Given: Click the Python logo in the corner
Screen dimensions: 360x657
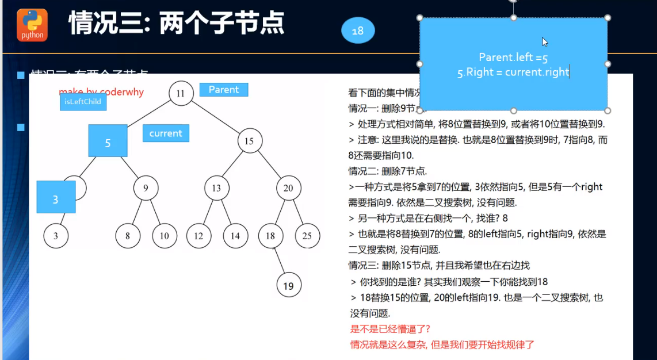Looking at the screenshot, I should [32, 25].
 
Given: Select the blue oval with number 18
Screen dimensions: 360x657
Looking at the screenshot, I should [358, 30].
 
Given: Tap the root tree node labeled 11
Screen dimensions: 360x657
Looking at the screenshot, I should [181, 93].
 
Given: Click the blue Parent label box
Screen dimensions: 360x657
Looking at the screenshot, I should [224, 90].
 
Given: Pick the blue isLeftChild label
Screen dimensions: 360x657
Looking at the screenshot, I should [83, 102].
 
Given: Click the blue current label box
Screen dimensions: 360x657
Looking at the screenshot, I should [166, 133].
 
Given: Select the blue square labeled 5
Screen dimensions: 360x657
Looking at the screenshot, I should [108, 141].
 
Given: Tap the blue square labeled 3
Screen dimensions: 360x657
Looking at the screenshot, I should [56, 197].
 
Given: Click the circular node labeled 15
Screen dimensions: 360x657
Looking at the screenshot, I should [249, 141].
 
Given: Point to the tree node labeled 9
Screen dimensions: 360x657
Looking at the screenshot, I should [146, 188].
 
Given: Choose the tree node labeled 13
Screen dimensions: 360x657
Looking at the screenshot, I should [216, 188].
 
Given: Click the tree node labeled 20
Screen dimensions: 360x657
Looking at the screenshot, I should [288, 188].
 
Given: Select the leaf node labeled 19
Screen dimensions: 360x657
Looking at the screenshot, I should [289, 285].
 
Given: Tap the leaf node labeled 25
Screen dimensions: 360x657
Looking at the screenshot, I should [307, 236].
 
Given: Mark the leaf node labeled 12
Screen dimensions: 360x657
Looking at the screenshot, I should [198, 236].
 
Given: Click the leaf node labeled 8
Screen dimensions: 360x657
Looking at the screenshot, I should [127, 236].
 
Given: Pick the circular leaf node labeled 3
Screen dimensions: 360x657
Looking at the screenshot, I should [56, 236].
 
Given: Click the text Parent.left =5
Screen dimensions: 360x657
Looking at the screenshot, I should [513, 58].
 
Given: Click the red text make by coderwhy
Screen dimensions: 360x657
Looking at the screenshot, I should [101, 92].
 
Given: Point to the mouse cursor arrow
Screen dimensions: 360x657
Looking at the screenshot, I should [544, 41].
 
